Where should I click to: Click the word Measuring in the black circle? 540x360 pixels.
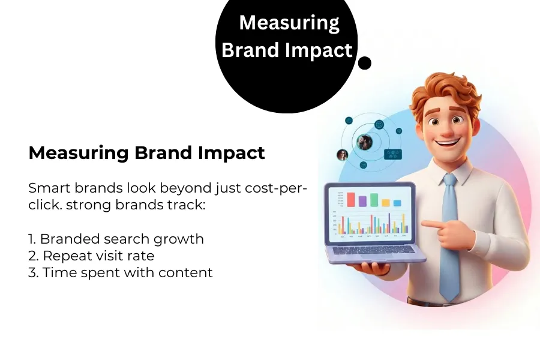coord(289,23)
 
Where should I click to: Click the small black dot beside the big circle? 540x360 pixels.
coord(364,63)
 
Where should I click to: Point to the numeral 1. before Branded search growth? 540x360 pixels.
coord(32,239)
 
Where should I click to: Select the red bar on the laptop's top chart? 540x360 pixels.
coord(351,200)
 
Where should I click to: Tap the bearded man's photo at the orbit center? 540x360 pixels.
coord(364,142)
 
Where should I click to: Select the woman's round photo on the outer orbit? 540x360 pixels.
coord(343,155)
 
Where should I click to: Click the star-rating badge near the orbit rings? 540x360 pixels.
coord(392,154)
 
